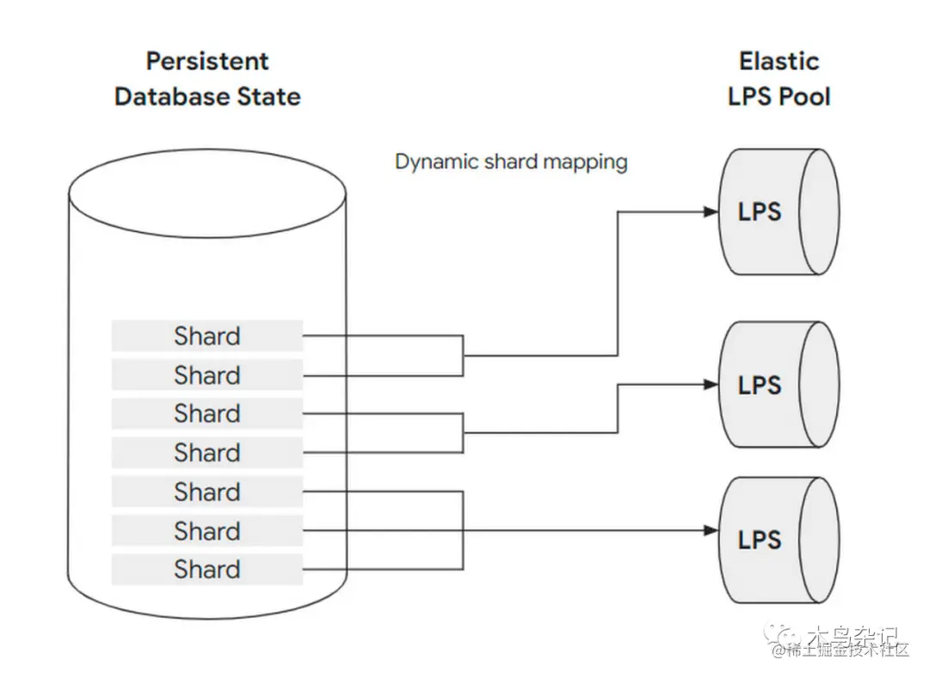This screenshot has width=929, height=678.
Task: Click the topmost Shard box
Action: coord(206,336)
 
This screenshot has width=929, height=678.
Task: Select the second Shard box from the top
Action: coord(206,375)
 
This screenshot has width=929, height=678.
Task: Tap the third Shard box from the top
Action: coord(206,413)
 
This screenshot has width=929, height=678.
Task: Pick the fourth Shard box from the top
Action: coord(206,452)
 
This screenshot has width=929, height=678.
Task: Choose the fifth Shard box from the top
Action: coord(206,492)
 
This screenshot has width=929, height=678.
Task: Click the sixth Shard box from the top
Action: coord(206,530)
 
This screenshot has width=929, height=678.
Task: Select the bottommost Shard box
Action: coord(206,569)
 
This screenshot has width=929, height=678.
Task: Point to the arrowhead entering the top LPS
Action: coord(711,211)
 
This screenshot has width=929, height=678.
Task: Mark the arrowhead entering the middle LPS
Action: coord(711,385)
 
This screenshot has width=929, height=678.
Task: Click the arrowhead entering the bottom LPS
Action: coord(711,531)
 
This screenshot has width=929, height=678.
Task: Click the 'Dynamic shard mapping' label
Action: coord(511,162)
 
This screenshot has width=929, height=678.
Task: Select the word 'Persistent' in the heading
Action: coord(207,61)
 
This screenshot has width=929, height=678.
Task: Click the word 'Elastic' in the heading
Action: coord(778,61)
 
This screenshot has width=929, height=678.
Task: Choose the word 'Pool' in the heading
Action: coord(807,96)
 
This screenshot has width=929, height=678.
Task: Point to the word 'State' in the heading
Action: coord(269,96)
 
